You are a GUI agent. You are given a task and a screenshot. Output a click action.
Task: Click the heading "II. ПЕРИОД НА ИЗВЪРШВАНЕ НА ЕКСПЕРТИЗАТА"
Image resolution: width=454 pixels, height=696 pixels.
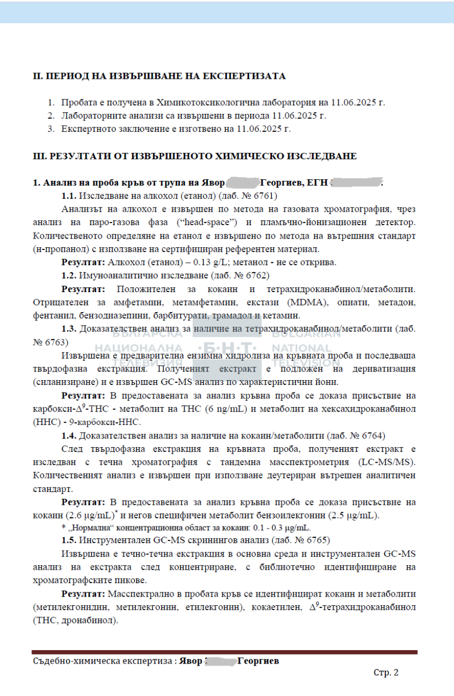(x=159, y=76)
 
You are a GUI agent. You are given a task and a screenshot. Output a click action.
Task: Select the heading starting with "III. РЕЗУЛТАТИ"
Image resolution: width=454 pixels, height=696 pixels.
(x=195, y=157)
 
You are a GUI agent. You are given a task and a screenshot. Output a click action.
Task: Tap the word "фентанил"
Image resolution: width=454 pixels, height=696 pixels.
(x=52, y=315)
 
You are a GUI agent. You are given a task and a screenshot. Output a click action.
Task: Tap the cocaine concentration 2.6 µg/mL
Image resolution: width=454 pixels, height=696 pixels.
(x=89, y=515)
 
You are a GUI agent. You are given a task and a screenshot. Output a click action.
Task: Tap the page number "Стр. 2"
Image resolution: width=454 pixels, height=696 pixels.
(x=386, y=673)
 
